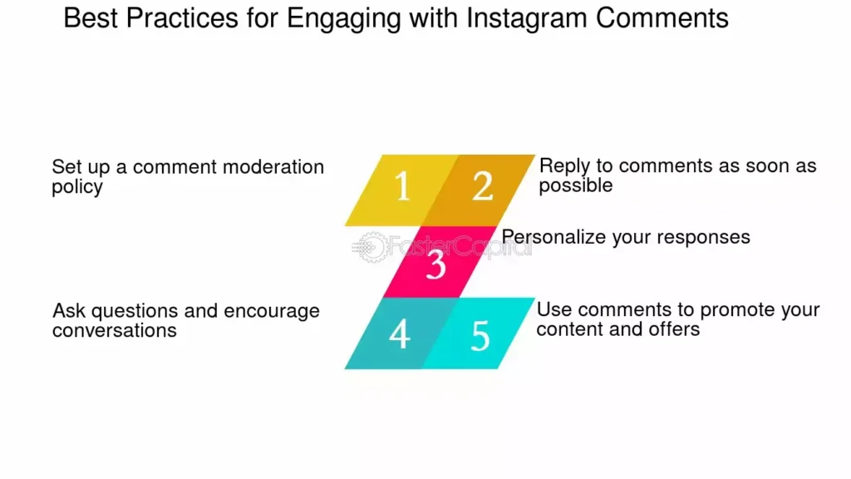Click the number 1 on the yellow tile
coord(401,186)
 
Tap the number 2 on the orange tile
coord(483,186)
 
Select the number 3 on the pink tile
coord(435,264)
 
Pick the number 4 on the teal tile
coord(400,334)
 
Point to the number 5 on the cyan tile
coord(480,336)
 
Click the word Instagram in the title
coord(527,18)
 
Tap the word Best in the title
coord(91,18)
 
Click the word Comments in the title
coord(662,18)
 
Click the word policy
coord(77,187)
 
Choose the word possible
coord(576,185)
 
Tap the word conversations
coord(115,330)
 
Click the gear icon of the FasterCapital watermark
coord(372,247)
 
